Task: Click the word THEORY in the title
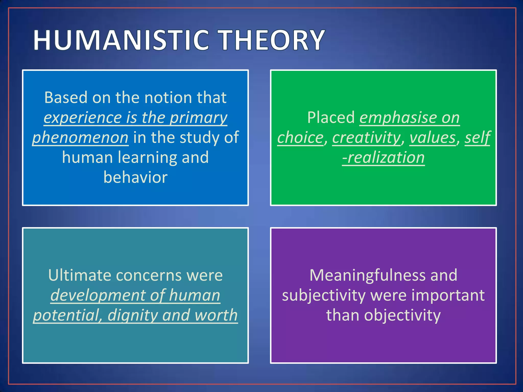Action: coord(272,40)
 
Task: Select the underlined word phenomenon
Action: coord(80,138)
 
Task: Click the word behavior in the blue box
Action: coord(135,177)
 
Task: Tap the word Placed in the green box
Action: coord(331,118)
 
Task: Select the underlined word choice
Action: coord(300,138)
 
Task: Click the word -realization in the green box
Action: coord(383,158)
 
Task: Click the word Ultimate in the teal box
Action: coord(80,275)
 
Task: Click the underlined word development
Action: coord(98,296)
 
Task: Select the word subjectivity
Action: coord(324,296)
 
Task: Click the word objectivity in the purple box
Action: coord(402,316)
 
